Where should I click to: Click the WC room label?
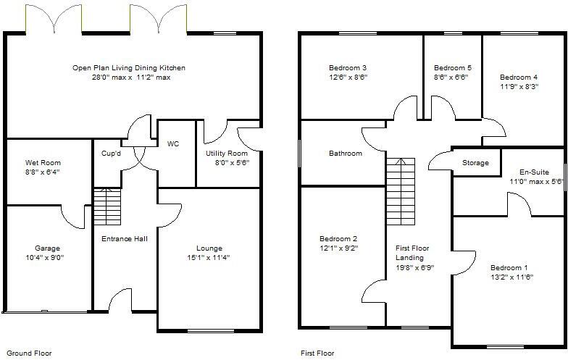pos(173,143)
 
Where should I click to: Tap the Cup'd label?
pos(112,154)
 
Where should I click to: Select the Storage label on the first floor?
pos(475,163)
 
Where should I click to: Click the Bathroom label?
pos(346,154)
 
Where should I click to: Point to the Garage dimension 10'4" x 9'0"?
pos(48,258)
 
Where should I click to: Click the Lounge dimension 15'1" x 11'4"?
pos(209,258)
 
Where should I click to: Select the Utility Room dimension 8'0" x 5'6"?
pos(233,163)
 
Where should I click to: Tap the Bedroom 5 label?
pos(453,68)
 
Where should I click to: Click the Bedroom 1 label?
pos(509,268)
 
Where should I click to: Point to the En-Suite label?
pos(535,172)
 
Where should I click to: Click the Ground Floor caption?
pos(29,353)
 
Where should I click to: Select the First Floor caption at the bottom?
pos(317,353)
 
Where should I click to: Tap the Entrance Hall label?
pos(125,239)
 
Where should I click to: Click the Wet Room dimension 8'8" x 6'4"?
pos(43,172)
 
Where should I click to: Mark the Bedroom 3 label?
pos(348,68)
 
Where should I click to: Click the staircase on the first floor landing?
pos(400,191)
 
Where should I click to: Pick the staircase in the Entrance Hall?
pos(107,206)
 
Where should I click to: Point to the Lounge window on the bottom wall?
pos(212,330)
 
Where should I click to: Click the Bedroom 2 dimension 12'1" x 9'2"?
pos(339,248)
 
